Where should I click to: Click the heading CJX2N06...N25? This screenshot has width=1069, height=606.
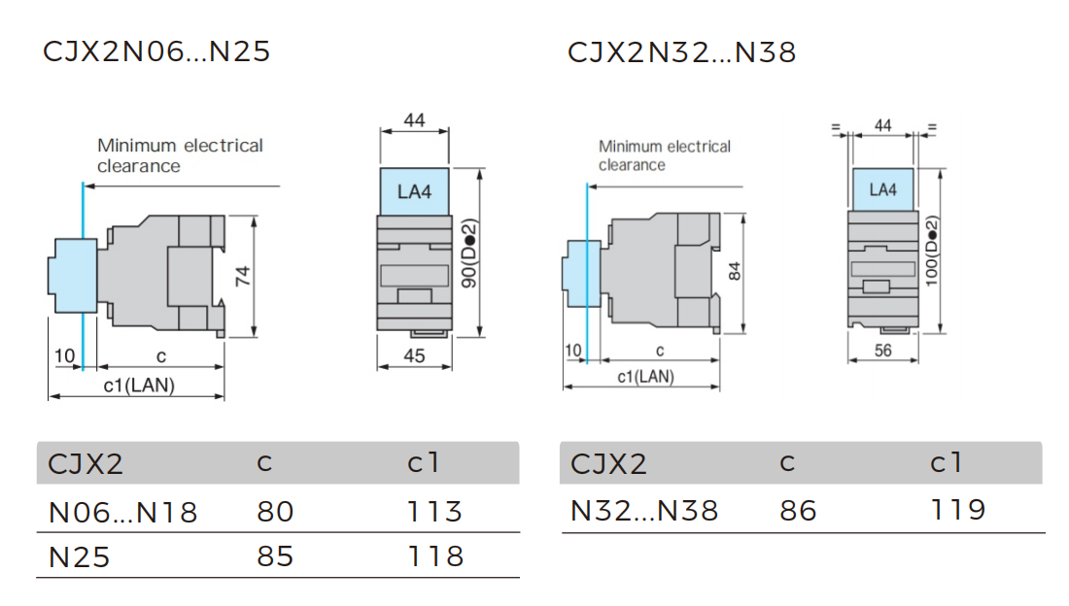click(x=156, y=51)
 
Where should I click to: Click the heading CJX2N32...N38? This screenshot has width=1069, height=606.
click(x=681, y=51)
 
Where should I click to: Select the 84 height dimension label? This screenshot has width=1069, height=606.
click(x=735, y=272)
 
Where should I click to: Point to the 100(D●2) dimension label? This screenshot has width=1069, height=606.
click(x=932, y=252)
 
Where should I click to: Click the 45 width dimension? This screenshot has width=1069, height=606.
click(x=414, y=356)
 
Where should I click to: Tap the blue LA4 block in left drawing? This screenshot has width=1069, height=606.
click(x=414, y=191)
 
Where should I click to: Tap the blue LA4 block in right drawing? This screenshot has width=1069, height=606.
click(x=882, y=189)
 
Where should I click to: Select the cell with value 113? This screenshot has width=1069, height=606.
click(x=434, y=511)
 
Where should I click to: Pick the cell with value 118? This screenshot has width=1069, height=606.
click(x=434, y=555)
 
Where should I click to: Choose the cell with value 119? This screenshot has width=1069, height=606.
click(x=957, y=510)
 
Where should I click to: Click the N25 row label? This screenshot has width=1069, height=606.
click(x=79, y=556)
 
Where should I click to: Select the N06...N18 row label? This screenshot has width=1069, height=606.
click(x=122, y=512)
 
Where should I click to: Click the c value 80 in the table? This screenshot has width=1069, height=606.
click(x=275, y=511)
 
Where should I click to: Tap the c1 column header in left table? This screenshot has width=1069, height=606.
click(x=424, y=463)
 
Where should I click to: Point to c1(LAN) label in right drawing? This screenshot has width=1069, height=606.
click(x=645, y=377)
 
